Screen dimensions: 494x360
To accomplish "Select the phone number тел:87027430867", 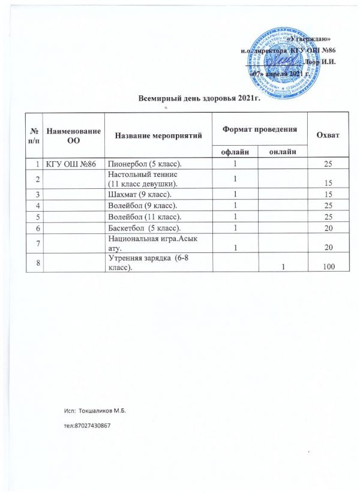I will tap(88, 424).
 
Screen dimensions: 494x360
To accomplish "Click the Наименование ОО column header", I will tap(74, 134).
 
